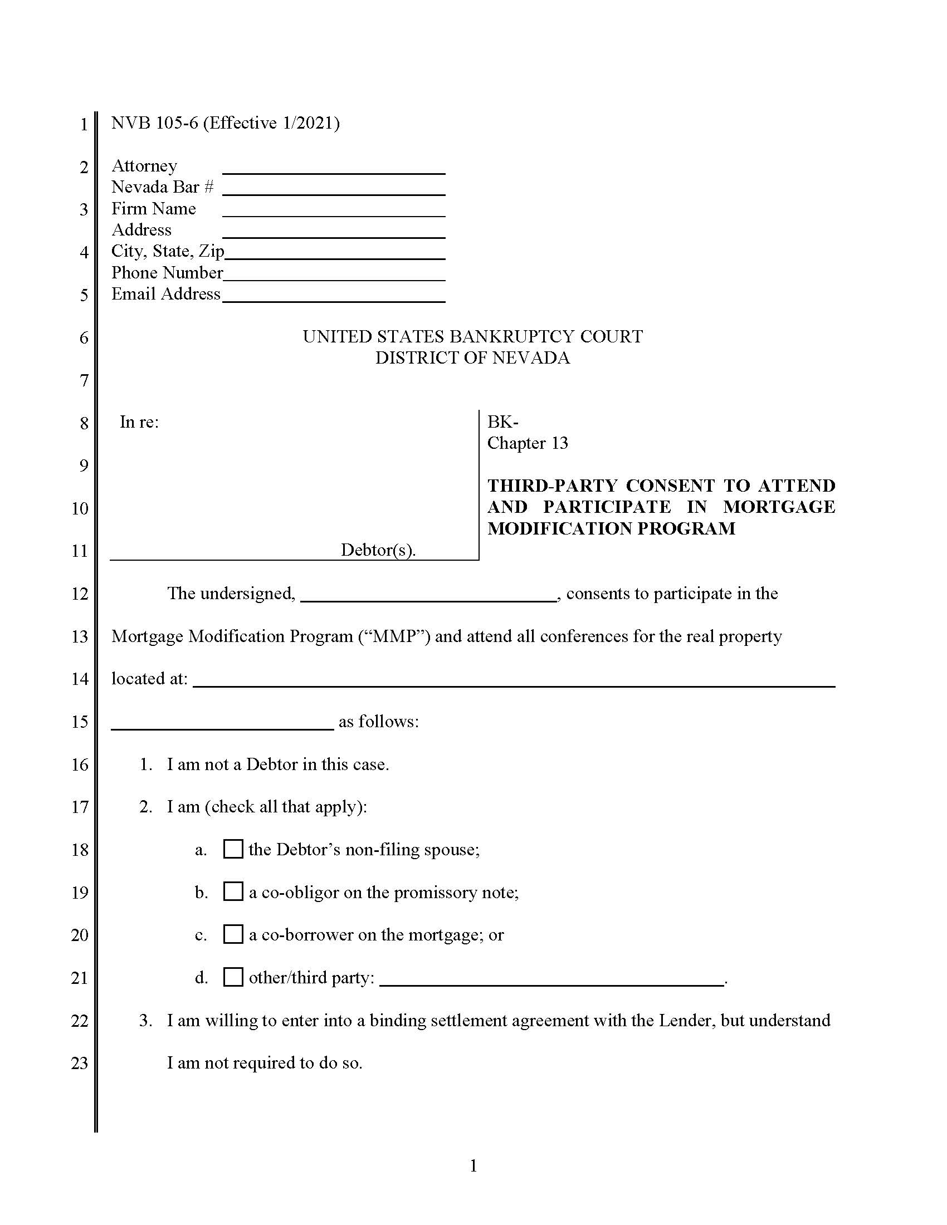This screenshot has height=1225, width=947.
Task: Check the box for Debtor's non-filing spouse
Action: click(x=233, y=849)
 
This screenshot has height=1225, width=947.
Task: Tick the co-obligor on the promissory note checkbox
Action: click(x=233, y=892)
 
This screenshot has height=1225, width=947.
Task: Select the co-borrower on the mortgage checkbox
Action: click(x=233, y=934)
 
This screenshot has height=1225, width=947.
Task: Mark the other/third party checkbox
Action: click(x=233, y=977)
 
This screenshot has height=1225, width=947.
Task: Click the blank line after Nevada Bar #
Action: click(x=334, y=190)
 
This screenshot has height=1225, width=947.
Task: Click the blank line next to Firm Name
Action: click(x=334, y=212)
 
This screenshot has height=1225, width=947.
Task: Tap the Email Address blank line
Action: click(x=334, y=297)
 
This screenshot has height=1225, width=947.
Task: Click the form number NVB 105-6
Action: click(x=155, y=123)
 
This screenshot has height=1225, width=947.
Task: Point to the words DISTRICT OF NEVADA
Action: click(x=472, y=358)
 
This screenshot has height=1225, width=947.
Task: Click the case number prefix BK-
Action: click(x=502, y=422)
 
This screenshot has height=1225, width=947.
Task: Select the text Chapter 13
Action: click(x=528, y=443)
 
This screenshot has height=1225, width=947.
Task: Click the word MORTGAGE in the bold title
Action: click(x=779, y=507)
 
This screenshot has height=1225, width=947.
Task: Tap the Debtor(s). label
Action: click(x=378, y=550)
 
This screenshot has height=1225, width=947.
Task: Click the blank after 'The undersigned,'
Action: click(x=428, y=597)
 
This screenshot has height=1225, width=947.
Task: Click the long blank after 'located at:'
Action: click(x=514, y=682)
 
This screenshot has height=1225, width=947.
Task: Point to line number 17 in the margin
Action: click(x=80, y=807)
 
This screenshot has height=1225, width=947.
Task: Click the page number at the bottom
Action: click(x=473, y=1166)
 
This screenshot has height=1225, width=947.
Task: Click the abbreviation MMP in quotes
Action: click(x=395, y=636)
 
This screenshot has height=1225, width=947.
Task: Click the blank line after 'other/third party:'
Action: click(x=551, y=981)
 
